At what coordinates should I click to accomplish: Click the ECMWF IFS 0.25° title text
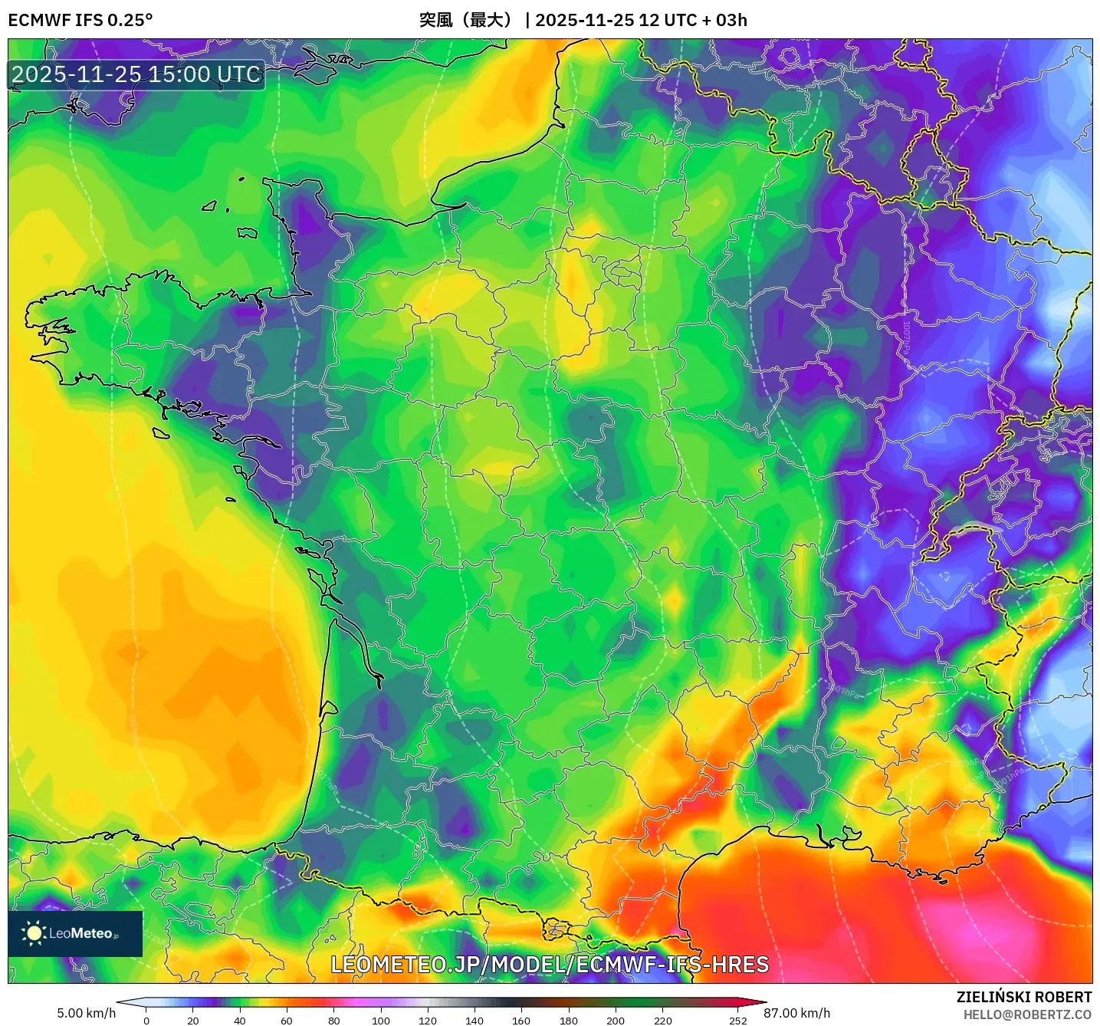pyautogui.click(x=80, y=20)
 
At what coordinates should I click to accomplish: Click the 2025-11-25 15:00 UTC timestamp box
pyautogui.click(x=136, y=74)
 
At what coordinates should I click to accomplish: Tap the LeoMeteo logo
pyautogui.click(x=75, y=933)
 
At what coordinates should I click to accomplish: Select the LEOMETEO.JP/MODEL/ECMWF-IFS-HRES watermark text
pyautogui.click(x=549, y=965)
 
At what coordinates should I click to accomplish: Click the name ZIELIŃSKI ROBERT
pyautogui.click(x=1023, y=997)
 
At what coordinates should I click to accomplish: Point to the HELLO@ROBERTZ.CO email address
pyautogui.click(x=1027, y=1014)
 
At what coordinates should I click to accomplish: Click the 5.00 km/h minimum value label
pyautogui.click(x=86, y=1013)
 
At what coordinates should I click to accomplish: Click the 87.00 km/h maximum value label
pyautogui.click(x=796, y=1013)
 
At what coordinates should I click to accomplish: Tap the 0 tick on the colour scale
pyautogui.click(x=146, y=1020)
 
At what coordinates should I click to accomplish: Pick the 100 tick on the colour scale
pyautogui.click(x=381, y=1020)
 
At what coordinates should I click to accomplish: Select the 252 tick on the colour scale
pyautogui.click(x=737, y=1020)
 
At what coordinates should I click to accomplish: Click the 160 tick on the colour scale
pyautogui.click(x=521, y=1020)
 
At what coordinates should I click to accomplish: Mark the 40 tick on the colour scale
pyautogui.click(x=240, y=1020)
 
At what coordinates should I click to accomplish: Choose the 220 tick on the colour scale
pyautogui.click(x=662, y=1020)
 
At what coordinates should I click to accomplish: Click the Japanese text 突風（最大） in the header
pyautogui.click(x=465, y=20)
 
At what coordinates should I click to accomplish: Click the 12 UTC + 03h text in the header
pyautogui.click(x=693, y=20)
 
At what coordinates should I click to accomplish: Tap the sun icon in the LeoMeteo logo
pyautogui.click(x=34, y=933)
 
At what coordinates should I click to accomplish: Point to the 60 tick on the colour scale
pyautogui.click(x=287, y=1020)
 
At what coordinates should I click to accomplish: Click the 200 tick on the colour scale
pyautogui.click(x=616, y=1020)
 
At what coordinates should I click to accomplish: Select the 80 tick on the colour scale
pyautogui.click(x=333, y=1020)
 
